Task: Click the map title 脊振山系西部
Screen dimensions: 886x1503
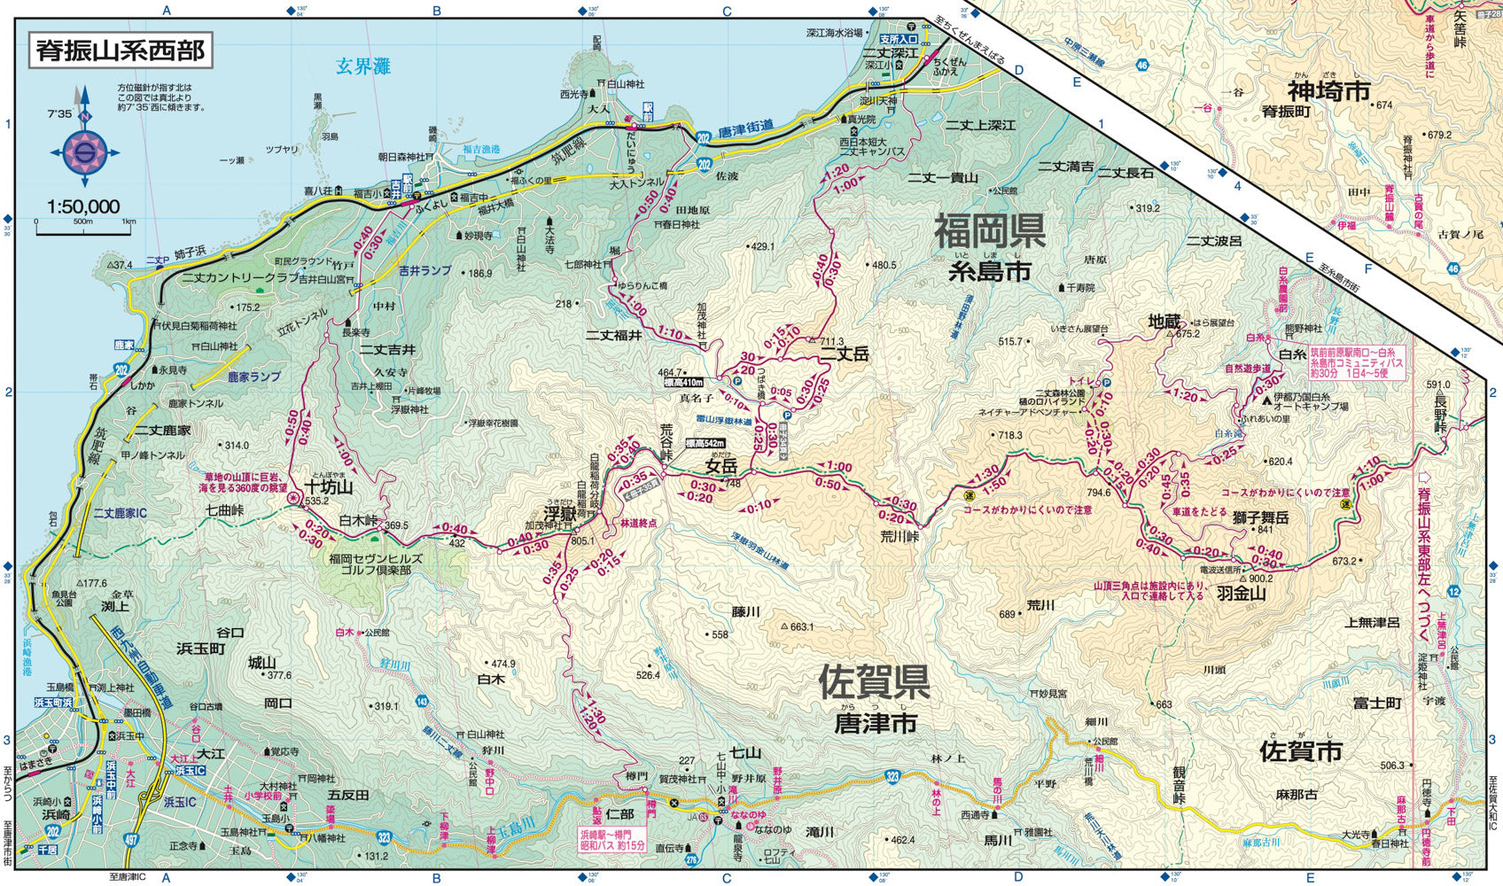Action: (x=121, y=50)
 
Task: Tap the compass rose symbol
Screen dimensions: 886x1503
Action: (x=85, y=152)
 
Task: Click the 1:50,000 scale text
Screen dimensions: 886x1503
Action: (x=83, y=207)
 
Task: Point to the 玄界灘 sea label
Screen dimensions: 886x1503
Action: (x=363, y=66)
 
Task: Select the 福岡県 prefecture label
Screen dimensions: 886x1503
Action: (x=989, y=233)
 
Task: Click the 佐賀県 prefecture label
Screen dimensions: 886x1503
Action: (x=873, y=681)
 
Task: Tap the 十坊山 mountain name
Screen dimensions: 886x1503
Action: (x=328, y=486)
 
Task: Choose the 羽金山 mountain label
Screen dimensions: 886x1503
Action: (x=1241, y=594)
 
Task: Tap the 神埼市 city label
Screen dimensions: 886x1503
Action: (x=1328, y=91)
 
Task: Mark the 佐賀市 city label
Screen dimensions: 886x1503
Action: (x=1300, y=751)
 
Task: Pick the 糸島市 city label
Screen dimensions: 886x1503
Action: (x=990, y=272)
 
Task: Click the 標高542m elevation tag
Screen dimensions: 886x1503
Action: (x=705, y=443)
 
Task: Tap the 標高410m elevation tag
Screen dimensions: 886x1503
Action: (x=683, y=383)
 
